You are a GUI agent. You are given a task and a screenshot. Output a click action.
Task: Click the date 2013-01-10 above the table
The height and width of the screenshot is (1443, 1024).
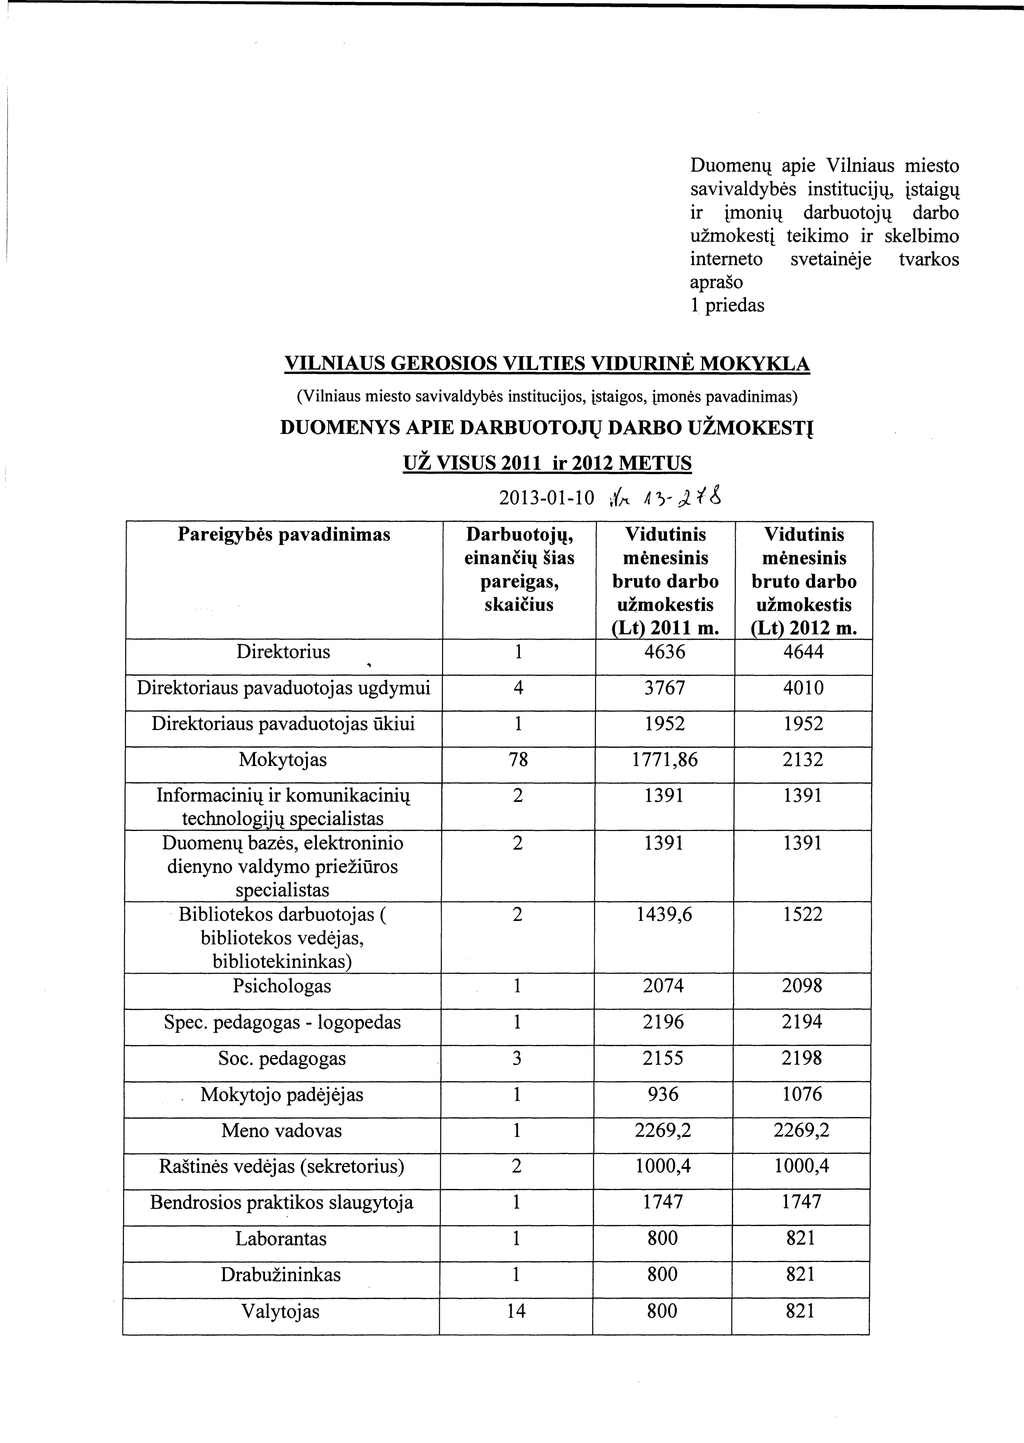tap(546, 498)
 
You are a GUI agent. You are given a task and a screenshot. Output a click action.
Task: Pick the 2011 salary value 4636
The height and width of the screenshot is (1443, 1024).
tap(665, 652)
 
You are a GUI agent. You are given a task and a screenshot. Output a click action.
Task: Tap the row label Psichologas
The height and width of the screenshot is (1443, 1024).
tap(282, 986)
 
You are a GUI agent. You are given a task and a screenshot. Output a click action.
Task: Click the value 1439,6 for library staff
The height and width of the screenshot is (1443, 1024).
tap(665, 914)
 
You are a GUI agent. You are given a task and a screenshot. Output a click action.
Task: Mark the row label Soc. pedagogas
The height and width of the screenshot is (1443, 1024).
tap(282, 1058)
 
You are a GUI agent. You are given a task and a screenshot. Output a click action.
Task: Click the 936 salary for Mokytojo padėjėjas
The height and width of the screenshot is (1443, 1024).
tap(663, 1094)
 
